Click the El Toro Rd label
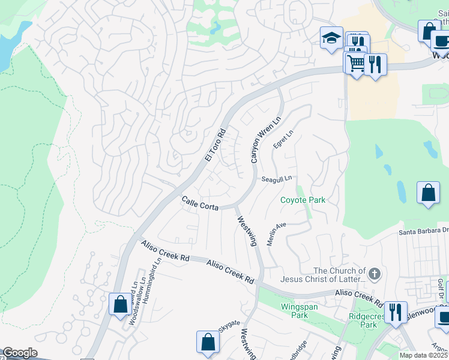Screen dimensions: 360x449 click(214, 145)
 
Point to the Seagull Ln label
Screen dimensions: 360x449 click(276, 179)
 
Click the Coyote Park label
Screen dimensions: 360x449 click(303, 200)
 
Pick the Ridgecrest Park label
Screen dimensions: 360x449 click(361, 320)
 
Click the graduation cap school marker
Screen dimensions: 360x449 click(331, 39)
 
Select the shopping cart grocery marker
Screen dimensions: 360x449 click(355, 62)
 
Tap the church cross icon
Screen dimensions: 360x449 click(375, 274)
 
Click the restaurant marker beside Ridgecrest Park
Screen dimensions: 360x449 click(395, 313)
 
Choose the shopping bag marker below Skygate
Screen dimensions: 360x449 click(207, 342)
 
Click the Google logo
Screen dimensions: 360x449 click(20, 353)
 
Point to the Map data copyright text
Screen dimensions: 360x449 click(423, 355)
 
